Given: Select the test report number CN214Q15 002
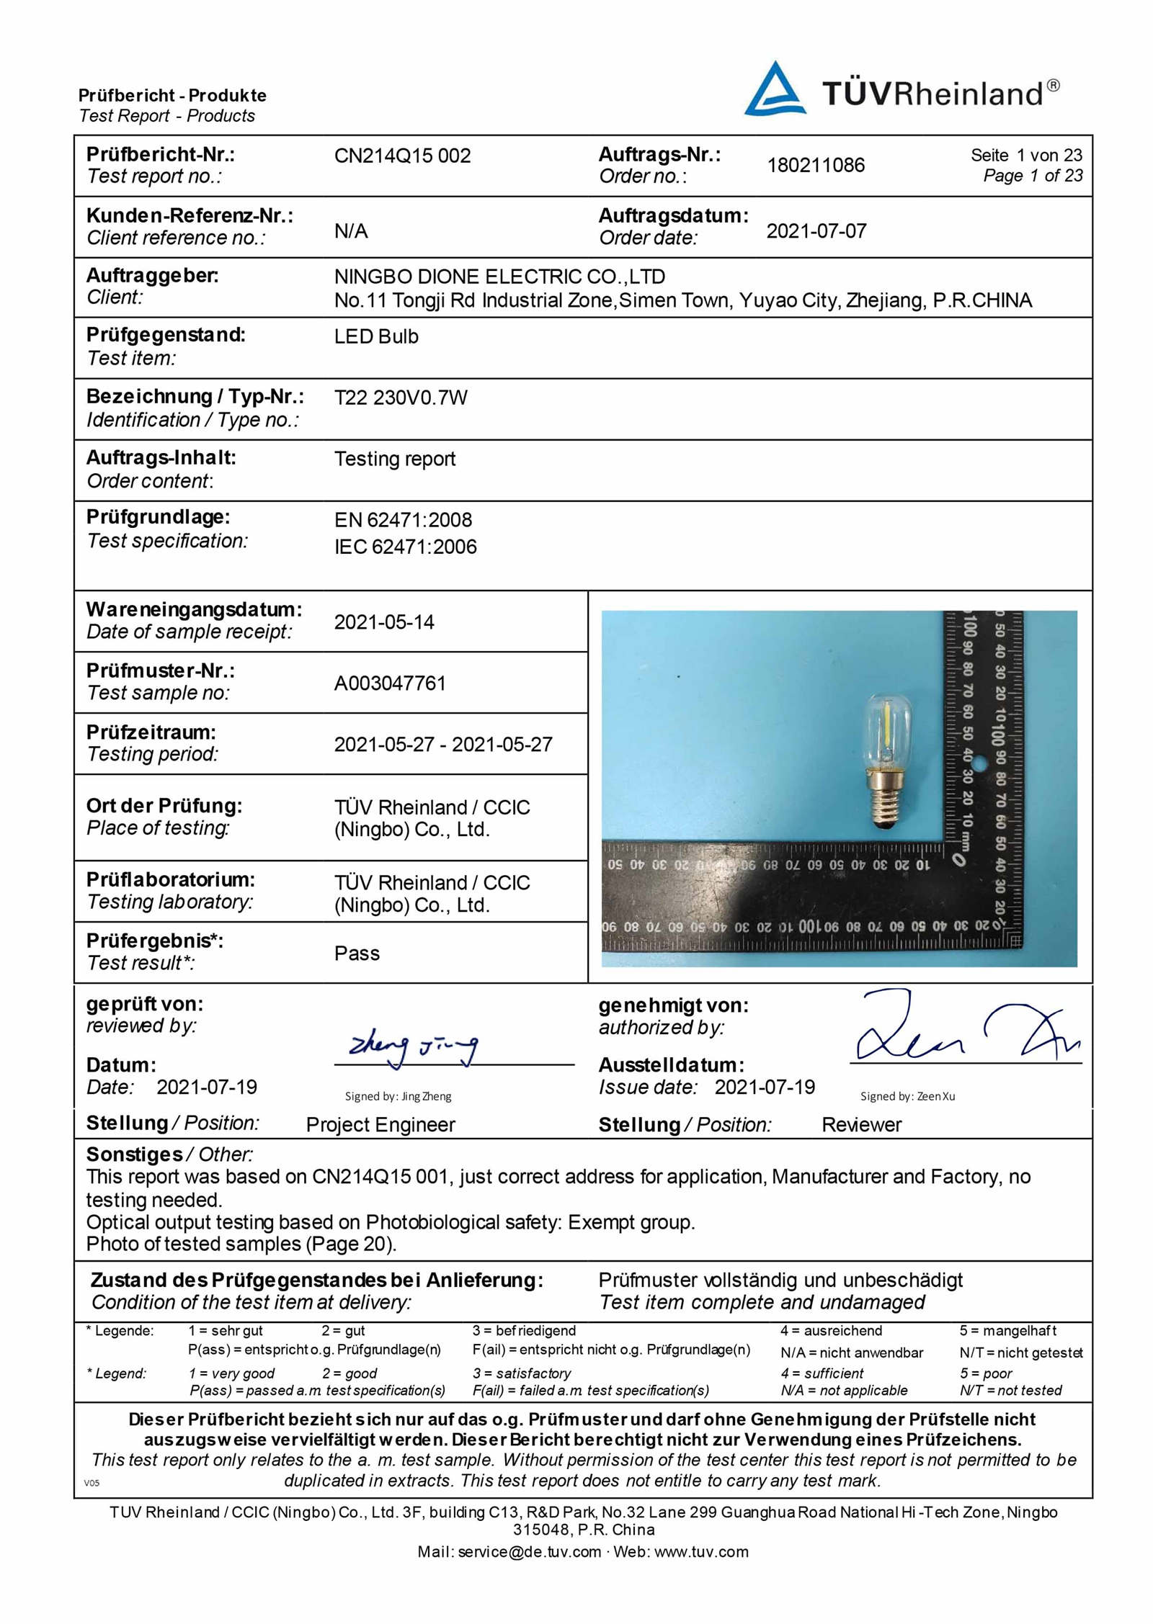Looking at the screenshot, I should (x=402, y=156).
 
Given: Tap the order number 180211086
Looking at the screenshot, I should (x=815, y=165).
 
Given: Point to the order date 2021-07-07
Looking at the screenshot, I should (x=816, y=231).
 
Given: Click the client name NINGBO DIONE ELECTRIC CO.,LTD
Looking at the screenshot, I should (x=499, y=277).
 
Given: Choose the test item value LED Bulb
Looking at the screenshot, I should (x=376, y=336).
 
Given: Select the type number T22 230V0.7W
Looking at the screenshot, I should (x=401, y=398).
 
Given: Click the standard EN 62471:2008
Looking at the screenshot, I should (x=403, y=520).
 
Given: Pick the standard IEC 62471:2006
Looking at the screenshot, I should (x=405, y=547).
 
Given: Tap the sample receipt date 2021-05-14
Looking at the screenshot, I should (x=384, y=622).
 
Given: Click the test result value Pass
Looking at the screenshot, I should (x=357, y=954).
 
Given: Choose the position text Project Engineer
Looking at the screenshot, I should (x=380, y=1125).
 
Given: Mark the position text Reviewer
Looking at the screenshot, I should (x=861, y=1125).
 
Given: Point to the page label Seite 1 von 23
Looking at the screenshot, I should (x=1025, y=155).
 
